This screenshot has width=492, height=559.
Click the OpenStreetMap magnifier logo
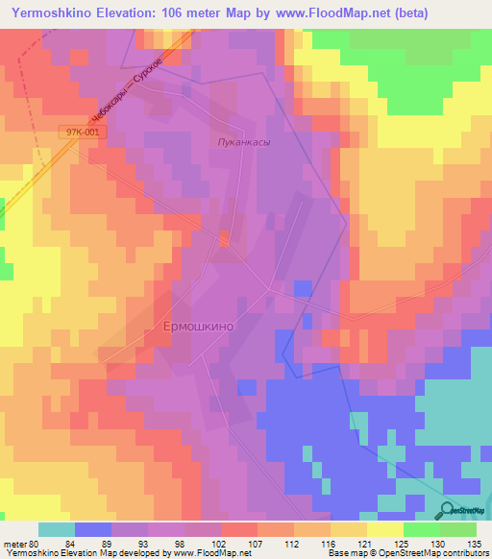pyautogui.click(x=447, y=510)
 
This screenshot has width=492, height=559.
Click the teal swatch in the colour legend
pyautogui.click(x=56, y=529)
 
